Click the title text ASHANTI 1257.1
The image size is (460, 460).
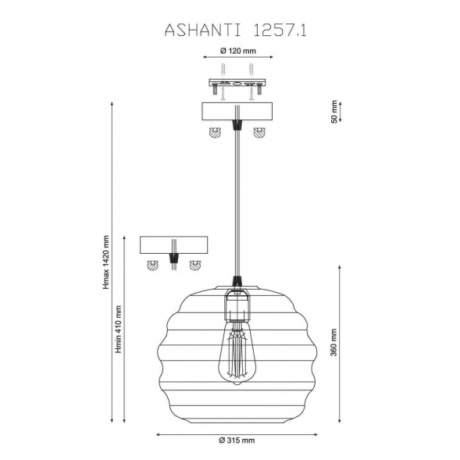click(x=236, y=30)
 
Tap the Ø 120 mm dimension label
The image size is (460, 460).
click(x=238, y=51)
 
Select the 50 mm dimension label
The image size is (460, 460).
click(x=334, y=112)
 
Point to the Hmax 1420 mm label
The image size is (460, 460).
click(x=106, y=262)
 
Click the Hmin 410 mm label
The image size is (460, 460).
click(x=118, y=329)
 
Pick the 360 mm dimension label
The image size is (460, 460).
click(x=333, y=342)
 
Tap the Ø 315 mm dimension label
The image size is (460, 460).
click(x=237, y=440)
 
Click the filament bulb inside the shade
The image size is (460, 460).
click(x=237, y=352)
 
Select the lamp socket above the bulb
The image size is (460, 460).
click(x=237, y=305)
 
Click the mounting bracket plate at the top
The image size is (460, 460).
click(x=237, y=83)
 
